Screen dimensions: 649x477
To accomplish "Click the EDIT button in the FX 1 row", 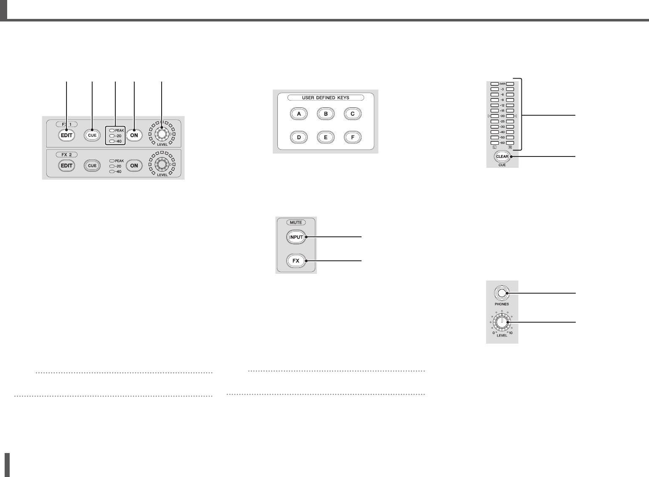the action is pos(67,135).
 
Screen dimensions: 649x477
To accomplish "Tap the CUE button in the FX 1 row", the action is pos(92,135).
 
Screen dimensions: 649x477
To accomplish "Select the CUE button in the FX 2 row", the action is pos(92,166).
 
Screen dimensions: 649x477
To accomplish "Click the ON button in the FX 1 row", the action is pos(134,135).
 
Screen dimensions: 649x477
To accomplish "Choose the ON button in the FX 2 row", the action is pos(134,166).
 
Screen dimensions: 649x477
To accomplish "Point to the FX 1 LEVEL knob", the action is pos(162,134).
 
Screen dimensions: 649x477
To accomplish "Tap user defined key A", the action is pos(299,114).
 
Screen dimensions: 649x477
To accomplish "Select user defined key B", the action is pos(326,114).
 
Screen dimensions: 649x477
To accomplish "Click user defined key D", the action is pos(299,137).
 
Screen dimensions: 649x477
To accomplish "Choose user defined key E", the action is pos(326,137).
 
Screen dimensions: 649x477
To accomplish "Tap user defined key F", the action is pos(353,137).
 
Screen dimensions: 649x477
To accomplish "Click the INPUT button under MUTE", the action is pos(296,237).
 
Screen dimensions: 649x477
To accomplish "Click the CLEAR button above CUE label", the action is pos(502,156).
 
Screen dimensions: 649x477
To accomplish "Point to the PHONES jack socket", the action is pos(502,293).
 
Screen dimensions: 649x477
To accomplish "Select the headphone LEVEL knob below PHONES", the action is pos(502,323).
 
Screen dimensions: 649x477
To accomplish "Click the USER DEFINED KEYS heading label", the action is pos(325,98).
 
